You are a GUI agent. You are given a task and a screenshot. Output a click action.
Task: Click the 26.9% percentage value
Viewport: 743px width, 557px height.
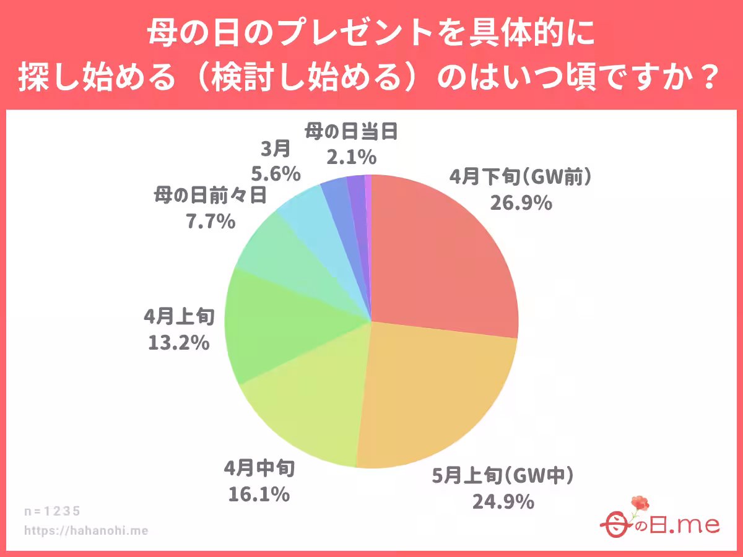coord(521,202)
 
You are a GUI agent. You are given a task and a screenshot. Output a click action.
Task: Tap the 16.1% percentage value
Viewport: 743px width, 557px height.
coord(259,494)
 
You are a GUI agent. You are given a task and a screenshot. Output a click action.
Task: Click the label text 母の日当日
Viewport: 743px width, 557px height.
coord(350,132)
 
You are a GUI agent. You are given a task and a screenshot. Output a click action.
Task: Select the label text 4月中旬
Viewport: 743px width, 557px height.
coord(259,469)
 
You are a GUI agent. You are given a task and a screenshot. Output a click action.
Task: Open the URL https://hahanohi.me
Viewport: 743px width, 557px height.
coord(86,530)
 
